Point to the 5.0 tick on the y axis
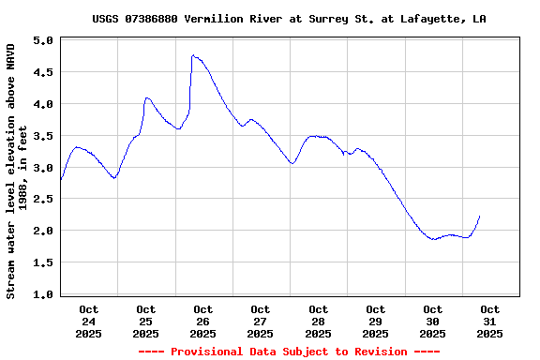pos(42,40)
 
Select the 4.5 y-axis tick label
pos(42,72)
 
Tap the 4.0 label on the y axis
pos(42,104)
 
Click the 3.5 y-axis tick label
pos(42,136)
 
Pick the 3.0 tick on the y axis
pos(42,168)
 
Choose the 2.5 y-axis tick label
pos(42,200)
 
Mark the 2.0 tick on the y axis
pos(42,231)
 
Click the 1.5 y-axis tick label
pos(42,262)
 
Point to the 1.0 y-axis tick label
pos(42,294)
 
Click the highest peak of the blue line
pos(192,55)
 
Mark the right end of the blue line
pos(479,217)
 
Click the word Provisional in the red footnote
pos(203,352)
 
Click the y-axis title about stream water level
pos(16,169)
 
